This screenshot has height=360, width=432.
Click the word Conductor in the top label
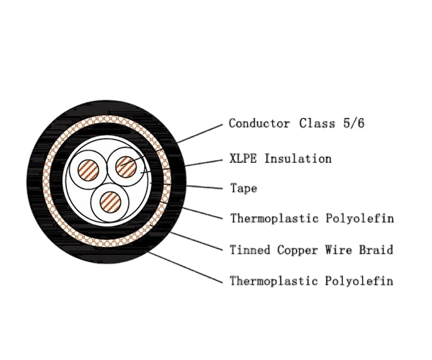point(259,123)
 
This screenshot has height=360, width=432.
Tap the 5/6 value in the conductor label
point(354,123)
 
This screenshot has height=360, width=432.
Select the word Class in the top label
point(317,123)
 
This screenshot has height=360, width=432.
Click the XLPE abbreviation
point(243,158)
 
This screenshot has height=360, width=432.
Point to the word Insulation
point(298,158)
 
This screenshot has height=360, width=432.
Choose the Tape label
point(243,189)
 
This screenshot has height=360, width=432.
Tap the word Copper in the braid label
point(297,251)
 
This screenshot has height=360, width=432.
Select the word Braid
point(376,250)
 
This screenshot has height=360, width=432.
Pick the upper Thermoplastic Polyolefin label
point(312,218)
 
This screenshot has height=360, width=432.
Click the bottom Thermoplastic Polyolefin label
point(312,281)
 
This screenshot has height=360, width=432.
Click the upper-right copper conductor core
point(126,166)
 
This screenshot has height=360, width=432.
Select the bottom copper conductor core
point(110,202)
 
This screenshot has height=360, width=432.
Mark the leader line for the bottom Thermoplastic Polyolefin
point(186,267)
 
